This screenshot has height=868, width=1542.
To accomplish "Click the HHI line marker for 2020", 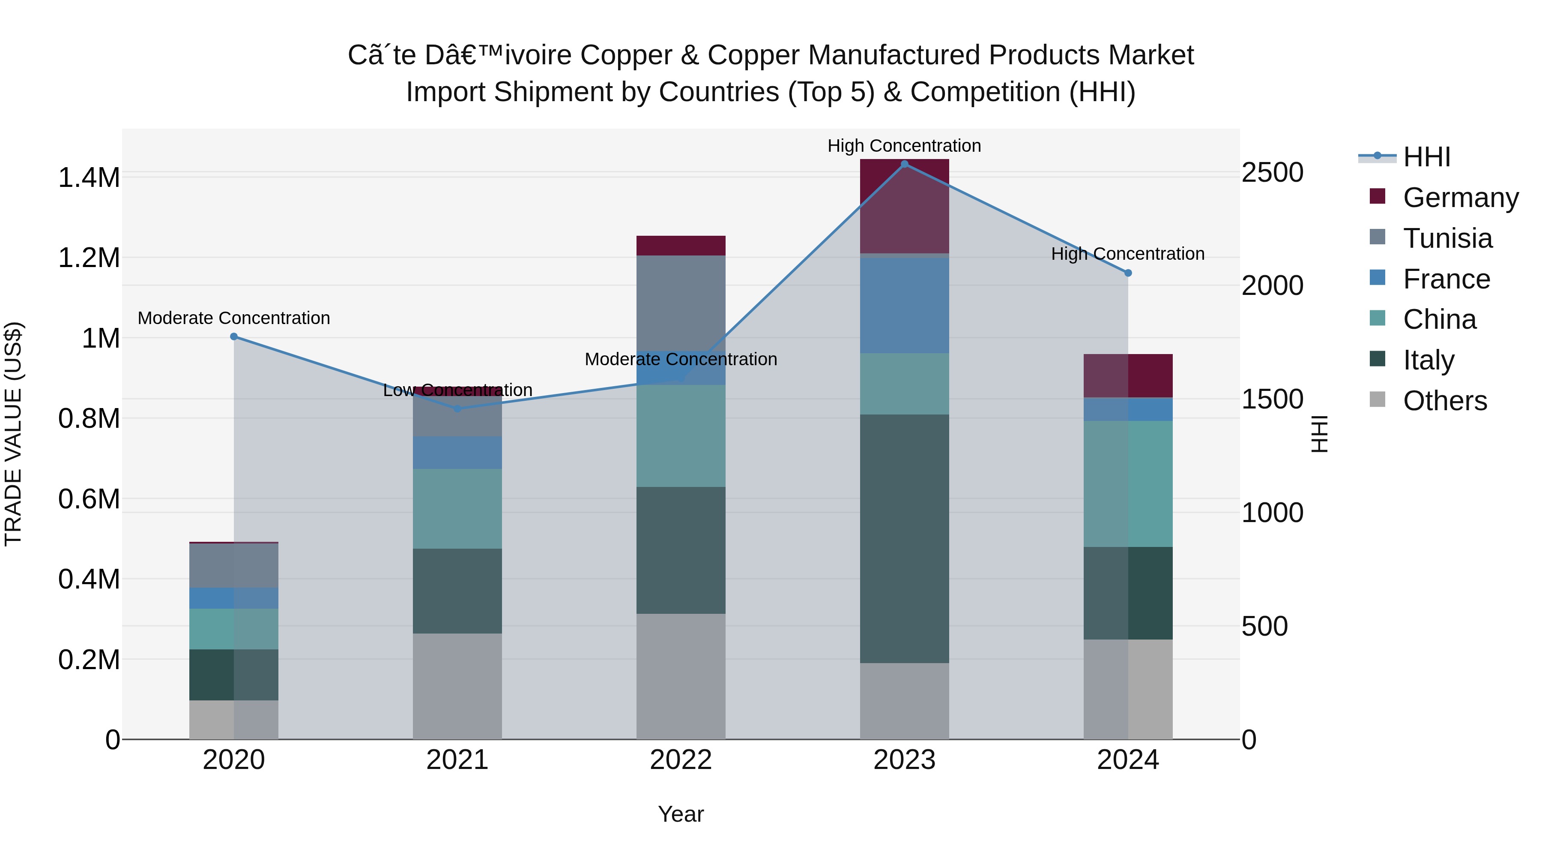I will [234, 336].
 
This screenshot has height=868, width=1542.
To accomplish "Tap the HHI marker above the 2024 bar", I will [1128, 273].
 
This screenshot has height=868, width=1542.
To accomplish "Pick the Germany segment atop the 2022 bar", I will [681, 246].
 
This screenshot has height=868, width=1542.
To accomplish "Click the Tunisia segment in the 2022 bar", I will [681, 303].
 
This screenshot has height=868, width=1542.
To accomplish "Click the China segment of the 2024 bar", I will [1128, 484].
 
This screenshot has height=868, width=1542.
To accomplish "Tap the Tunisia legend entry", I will [1447, 238].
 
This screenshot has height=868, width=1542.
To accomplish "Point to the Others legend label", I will [1444, 401].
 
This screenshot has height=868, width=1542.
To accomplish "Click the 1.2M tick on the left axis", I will [89, 258].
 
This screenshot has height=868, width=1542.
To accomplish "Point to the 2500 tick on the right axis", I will [1272, 172].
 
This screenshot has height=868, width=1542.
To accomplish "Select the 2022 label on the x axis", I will [681, 760].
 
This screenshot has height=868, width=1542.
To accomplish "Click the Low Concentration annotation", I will [457, 390].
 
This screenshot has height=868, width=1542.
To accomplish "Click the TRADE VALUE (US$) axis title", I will [13, 434].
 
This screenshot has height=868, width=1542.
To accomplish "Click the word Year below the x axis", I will [681, 814].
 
